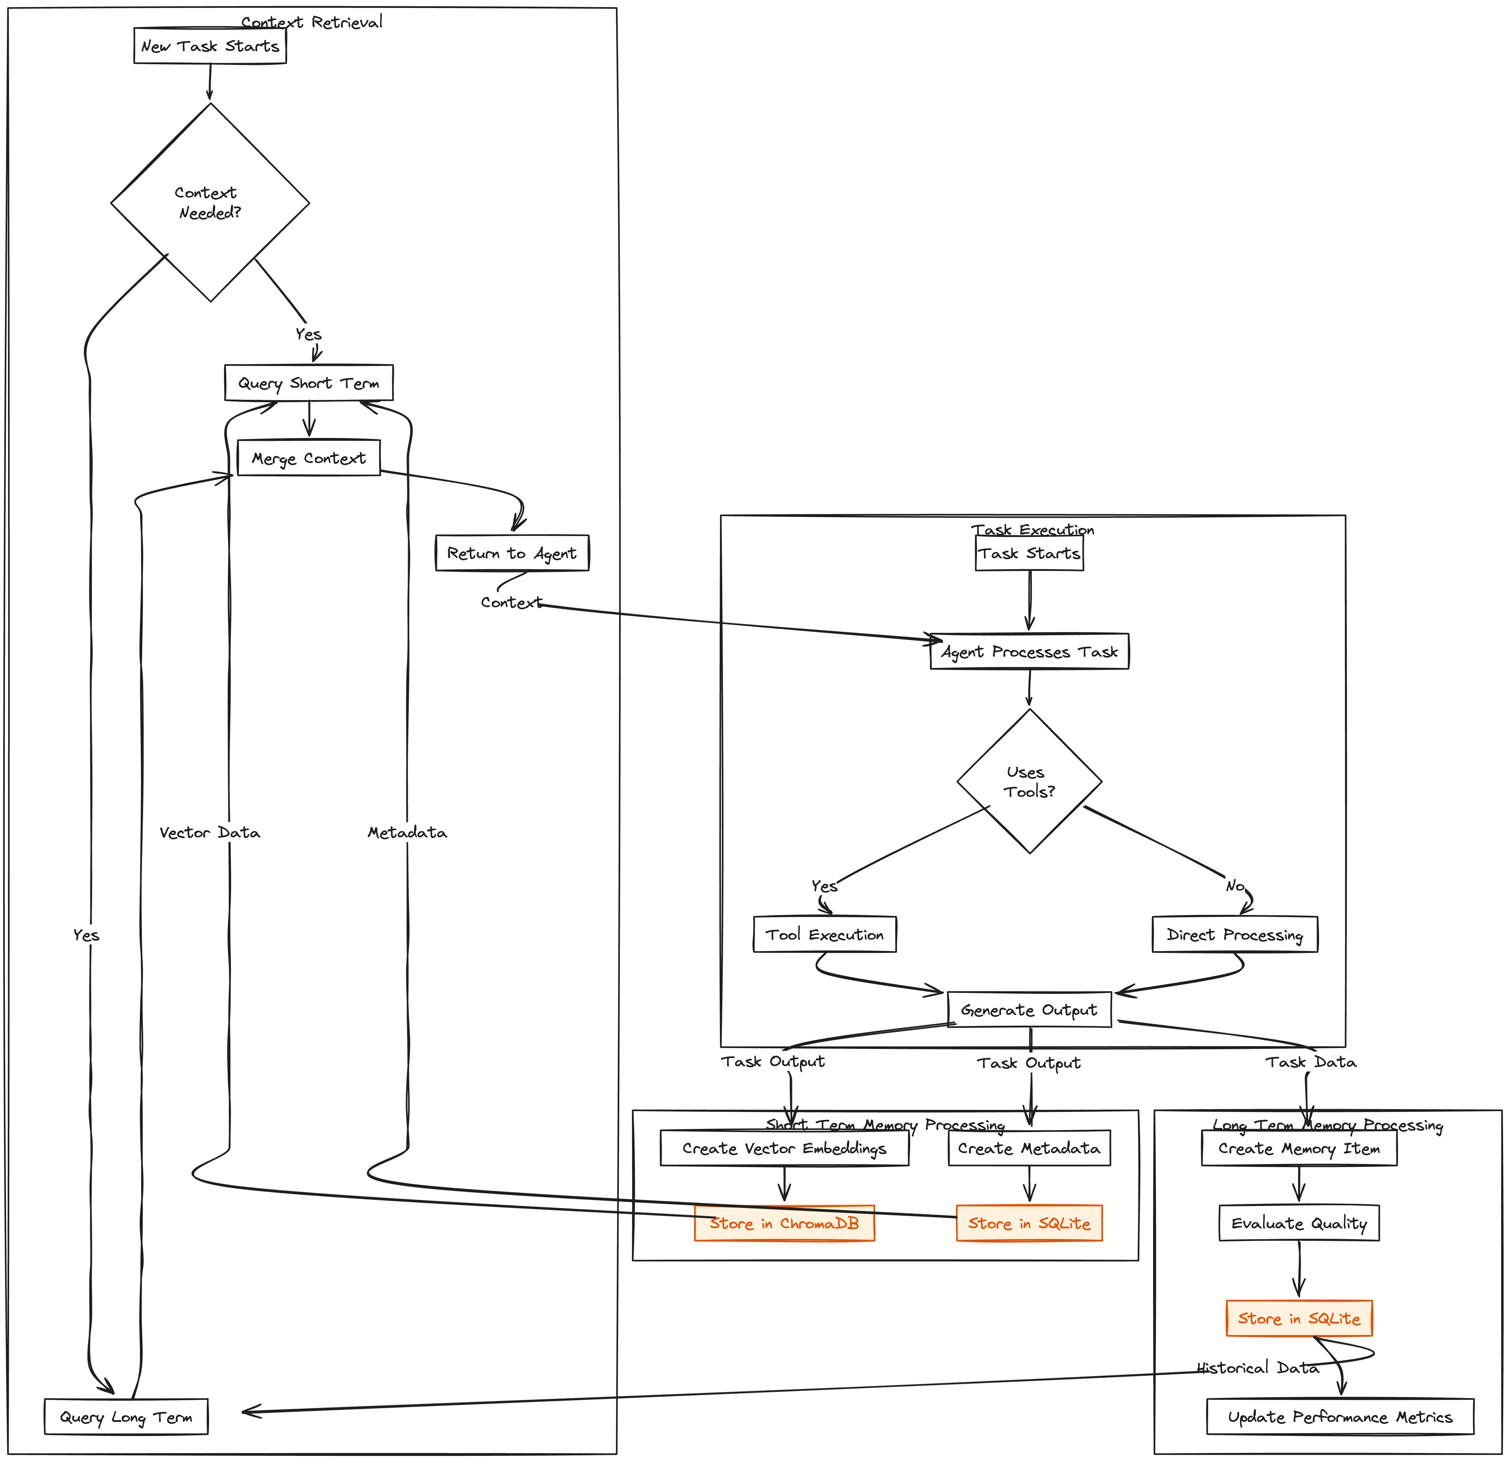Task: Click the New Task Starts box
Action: (210, 46)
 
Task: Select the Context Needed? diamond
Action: (210, 203)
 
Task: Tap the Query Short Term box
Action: (308, 383)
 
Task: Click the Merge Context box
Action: (308, 458)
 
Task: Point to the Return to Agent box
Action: (511, 553)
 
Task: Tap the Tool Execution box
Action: (824, 934)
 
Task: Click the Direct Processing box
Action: (1234, 934)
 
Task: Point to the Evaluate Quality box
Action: (1299, 1223)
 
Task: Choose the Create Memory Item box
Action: (1299, 1148)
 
